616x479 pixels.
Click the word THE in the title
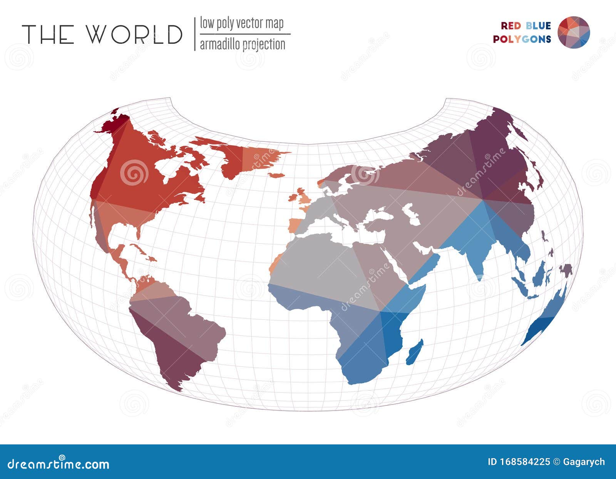(x=48, y=34)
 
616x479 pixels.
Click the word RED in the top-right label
(x=511, y=26)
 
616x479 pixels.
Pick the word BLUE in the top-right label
(x=538, y=26)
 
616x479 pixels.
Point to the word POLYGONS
(x=522, y=39)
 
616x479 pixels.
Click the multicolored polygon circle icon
(x=574, y=32)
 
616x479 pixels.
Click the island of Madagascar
(x=415, y=352)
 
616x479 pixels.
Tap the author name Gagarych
(x=584, y=462)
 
